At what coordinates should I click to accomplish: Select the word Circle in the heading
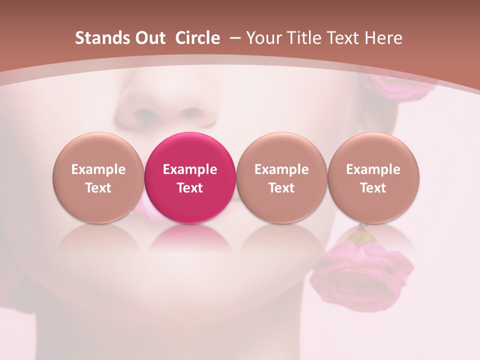197,38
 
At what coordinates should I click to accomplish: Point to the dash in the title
234,37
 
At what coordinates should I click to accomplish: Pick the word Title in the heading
304,38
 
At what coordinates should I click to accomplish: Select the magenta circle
190,177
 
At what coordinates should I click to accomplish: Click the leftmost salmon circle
98,177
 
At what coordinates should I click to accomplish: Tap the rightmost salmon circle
373,177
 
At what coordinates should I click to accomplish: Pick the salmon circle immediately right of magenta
281,177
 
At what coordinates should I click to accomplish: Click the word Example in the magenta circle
190,169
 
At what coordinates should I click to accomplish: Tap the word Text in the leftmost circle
98,188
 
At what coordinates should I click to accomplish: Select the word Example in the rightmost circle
373,169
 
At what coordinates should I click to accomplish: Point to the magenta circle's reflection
190,240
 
